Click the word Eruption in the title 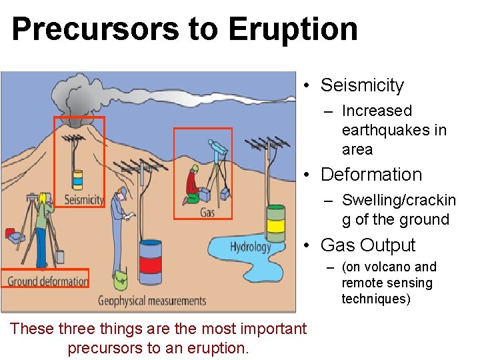[x=293, y=29]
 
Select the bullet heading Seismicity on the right [x=362, y=85]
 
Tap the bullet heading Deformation [x=371, y=175]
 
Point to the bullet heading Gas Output [x=368, y=245]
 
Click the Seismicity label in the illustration [x=84, y=199]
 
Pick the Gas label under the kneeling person [x=207, y=213]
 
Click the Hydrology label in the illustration [x=250, y=247]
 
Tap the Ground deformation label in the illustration [x=47, y=281]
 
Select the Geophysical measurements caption [x=152, y=301]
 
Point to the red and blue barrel [x=150, y=261]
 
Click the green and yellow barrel [x=275, y=223]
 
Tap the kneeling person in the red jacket [x=192, y=185]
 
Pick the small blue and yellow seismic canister [x=77, y=179]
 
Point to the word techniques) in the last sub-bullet [x=376, y=299]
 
